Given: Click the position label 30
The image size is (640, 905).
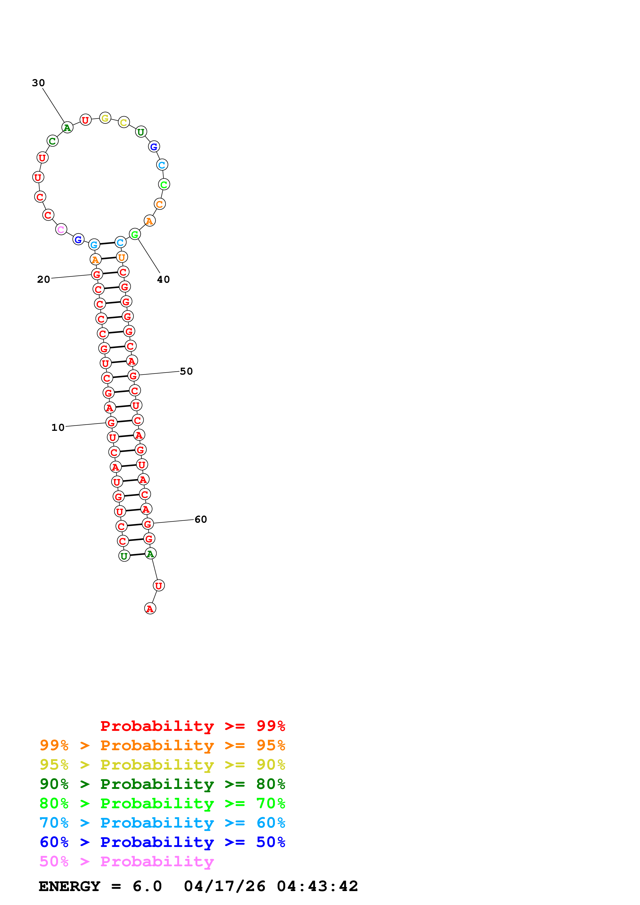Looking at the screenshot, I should (x=38, y=83).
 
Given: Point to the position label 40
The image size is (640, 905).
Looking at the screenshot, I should (x=163, y=279).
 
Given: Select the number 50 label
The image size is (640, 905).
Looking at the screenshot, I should (x=186, y=371).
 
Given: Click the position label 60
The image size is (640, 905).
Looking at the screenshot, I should (x=201, y=520).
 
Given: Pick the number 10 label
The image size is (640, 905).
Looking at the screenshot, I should (x=58, y=427).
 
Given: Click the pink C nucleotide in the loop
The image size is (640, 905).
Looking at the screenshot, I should (x=61, y=229).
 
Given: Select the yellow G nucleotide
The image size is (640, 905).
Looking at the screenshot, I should (x=105, y=118).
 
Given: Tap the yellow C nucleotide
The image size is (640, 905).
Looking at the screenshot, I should (x=124, y=123).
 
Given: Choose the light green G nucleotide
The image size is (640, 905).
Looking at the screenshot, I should (x=135, y=234).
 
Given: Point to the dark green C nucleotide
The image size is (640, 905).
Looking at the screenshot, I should (x=52, y=141).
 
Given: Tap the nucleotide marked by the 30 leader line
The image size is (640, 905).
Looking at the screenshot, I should (x=67, y=127).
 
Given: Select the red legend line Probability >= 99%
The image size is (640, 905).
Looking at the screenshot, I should (x=192, y=726).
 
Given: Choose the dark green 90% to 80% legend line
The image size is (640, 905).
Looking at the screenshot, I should (x=162, y=784).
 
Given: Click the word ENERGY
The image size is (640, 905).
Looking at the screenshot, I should (x=69, y=886).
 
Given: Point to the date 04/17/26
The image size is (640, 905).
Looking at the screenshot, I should (x=224, y=886).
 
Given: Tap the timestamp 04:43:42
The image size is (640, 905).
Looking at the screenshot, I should (x=318, y=886).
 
